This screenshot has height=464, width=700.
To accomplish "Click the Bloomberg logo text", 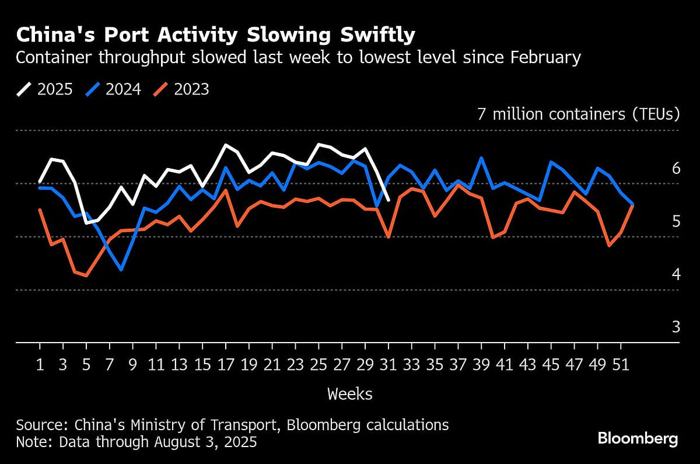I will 638,439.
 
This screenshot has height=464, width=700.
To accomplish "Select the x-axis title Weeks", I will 349,394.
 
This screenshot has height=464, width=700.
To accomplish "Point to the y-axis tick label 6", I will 675,168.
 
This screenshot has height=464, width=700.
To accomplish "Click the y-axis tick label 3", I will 675,327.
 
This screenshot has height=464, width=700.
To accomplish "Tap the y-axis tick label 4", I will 675,274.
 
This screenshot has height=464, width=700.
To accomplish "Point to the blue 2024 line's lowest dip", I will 121,270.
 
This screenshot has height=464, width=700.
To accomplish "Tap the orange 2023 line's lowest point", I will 86,275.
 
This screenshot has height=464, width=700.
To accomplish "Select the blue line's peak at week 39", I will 481,158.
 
